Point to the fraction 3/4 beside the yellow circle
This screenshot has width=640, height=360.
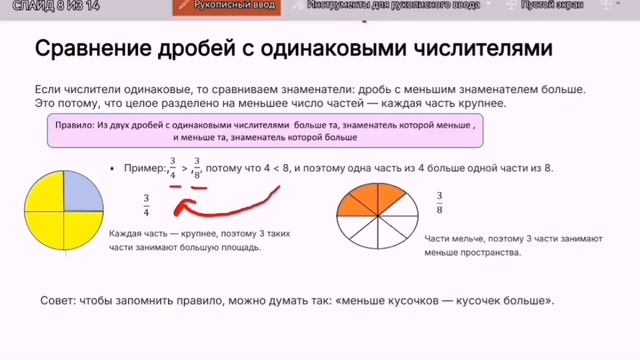pos(147,203)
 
